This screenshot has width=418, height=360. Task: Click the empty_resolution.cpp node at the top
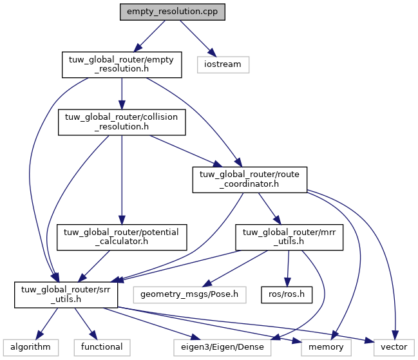tap(172, 14)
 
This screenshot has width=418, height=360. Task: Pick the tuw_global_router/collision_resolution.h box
tap(122, 122)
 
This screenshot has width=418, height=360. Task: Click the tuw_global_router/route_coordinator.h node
tap(250, 180)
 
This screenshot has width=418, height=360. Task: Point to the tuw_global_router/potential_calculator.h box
tap(122, 237)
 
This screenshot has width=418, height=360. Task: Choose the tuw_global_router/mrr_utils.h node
tap(289, 237)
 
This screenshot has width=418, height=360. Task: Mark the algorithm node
tap(31, 346)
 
